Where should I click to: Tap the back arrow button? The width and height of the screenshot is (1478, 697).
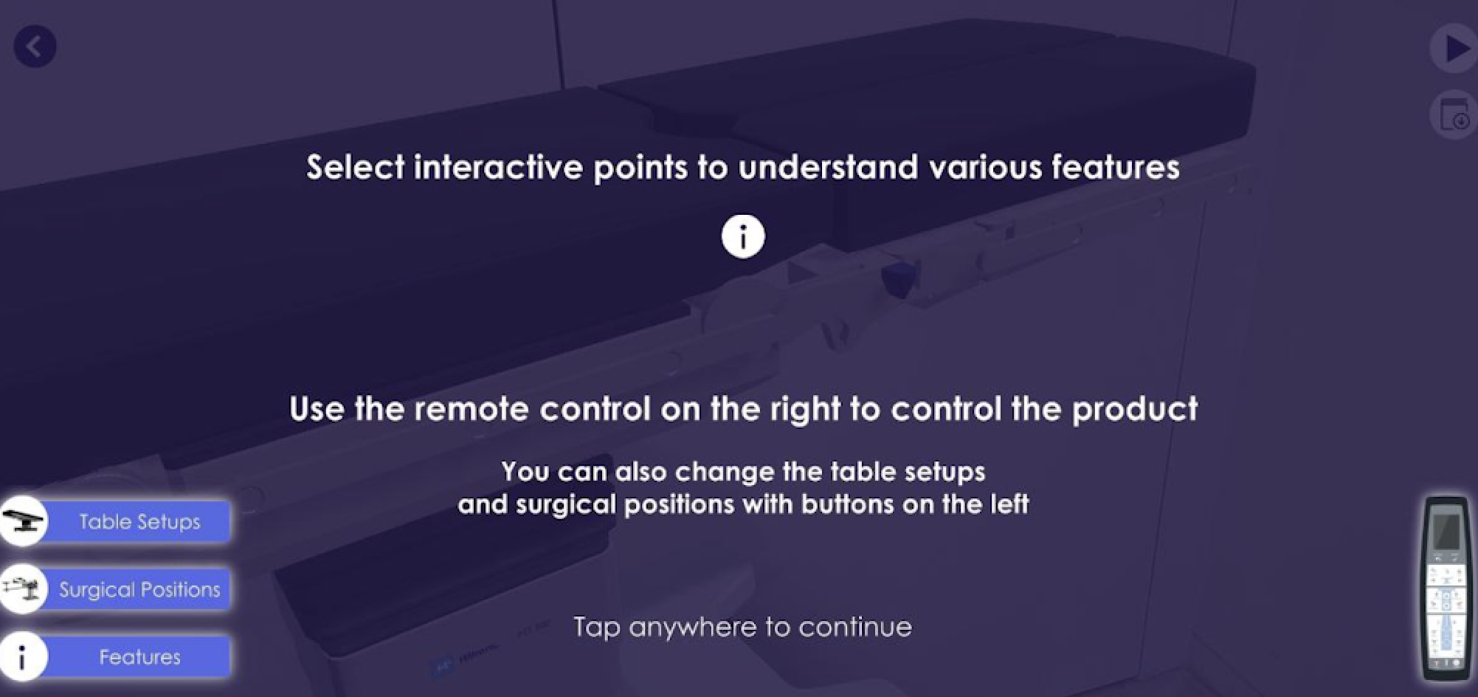click(35, 47)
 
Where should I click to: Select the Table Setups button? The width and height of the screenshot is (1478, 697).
click(139, 522)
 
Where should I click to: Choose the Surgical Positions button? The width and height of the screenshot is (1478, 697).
click(139, 589)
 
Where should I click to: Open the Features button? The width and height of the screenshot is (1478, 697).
click(139, 657)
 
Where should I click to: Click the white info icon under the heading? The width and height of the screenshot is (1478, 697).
click(743, 237)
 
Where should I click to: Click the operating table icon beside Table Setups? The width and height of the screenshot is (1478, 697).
click(22, 521)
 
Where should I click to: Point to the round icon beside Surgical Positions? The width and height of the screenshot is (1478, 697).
click(22, 589)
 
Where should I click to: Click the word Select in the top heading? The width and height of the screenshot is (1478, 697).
click(356, 168)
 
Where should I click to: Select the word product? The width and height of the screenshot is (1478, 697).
click(1135, 409)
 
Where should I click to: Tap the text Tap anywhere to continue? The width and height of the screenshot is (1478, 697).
click(742, 627)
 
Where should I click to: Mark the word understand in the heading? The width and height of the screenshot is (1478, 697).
click(828, 168)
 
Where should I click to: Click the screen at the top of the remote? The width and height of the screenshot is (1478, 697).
click(1446, 530)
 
